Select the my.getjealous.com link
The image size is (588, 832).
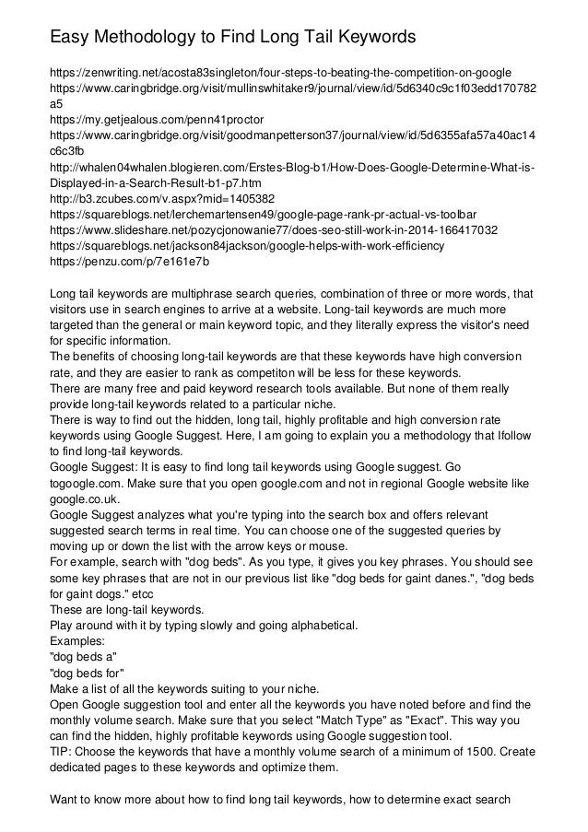click(x=156, y=120)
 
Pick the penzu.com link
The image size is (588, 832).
click(x=129, y=263)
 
